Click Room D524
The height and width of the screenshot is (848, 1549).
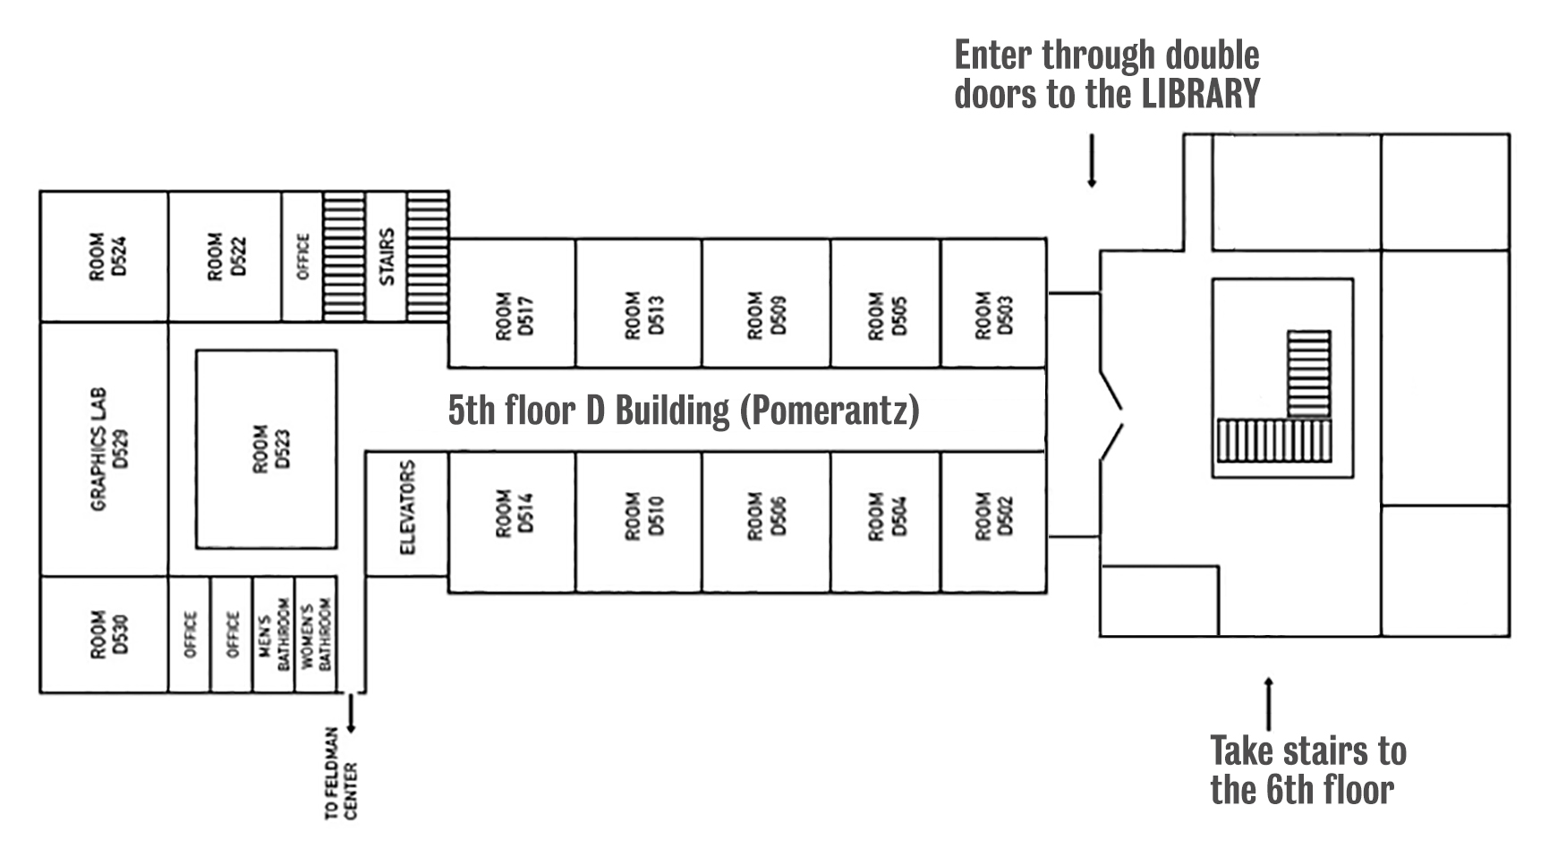(x=104, y=257)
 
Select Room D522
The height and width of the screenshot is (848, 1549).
(x=226, y=257)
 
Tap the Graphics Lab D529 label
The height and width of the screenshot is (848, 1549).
(x=104, y=449)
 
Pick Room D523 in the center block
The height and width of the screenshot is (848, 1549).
(x=267, y=449)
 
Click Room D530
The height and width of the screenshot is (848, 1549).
(x=104, y=634)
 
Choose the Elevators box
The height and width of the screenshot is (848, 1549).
(x=407, y=513)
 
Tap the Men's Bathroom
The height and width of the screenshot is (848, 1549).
(x=273, y=634)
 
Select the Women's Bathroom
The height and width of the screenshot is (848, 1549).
(x=315, y=634)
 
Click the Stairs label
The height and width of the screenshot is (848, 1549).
(x=387, y=257)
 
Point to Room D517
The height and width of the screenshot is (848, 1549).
(x=512, y=302)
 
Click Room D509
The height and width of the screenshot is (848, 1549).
(x=767, y=302)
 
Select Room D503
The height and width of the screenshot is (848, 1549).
(x=993, y=302)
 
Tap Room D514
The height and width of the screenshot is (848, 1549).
(x=512, y=522)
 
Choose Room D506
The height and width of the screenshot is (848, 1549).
(x=767, y=522)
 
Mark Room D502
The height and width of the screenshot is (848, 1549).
(x=993, y=522)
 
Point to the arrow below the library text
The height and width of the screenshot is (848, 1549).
(x=1092, y=161)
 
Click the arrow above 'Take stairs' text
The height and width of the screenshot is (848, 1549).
(x=1267, y=703)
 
